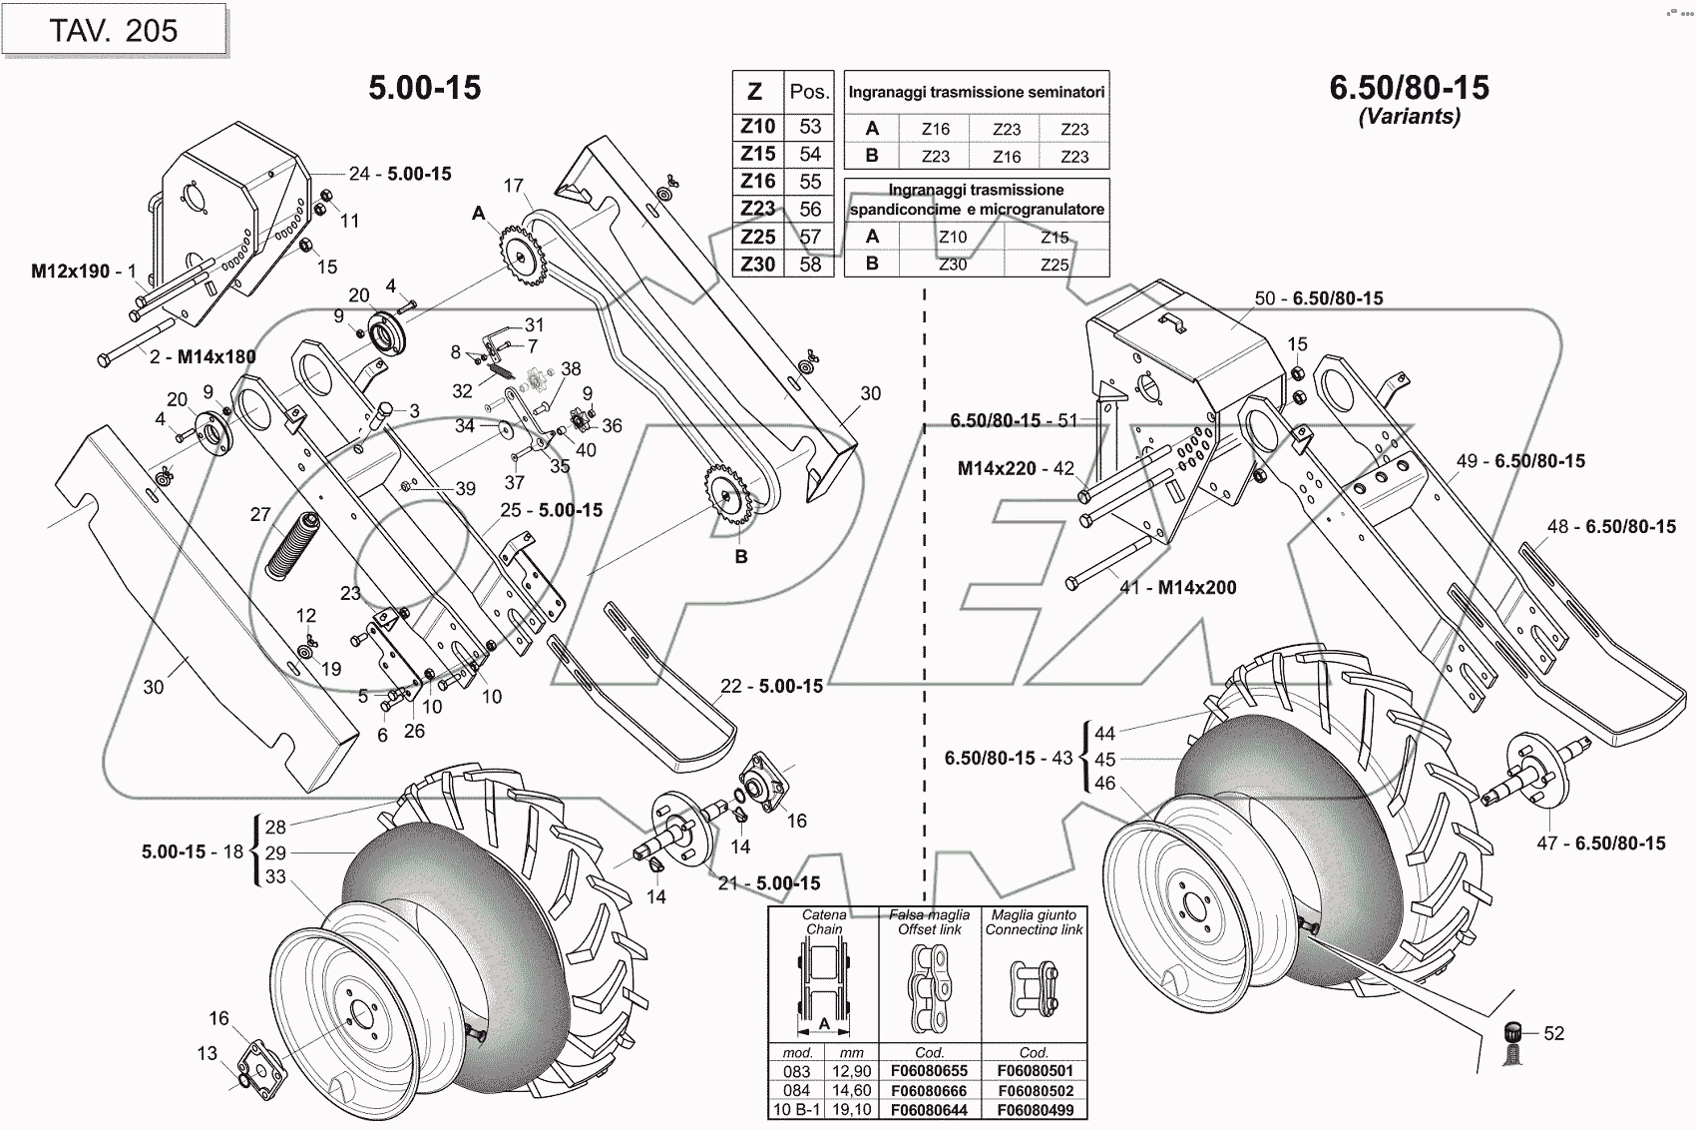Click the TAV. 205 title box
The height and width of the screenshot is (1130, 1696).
(114, 31)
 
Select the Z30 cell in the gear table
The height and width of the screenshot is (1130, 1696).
(758, 265)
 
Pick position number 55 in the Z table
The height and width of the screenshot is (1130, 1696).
(810, 182)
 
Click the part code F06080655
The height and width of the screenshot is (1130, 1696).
(929, 1071)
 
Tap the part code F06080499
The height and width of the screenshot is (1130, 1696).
(1034, 1110)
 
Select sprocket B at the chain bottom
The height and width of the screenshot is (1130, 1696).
(731, 498)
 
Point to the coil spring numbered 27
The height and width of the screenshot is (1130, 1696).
(292, 544)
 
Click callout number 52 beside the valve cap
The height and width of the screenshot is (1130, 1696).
(1554, 1034)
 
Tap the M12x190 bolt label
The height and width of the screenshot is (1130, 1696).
(70, 272)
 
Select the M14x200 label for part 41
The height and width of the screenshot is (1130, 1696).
(1196, 588)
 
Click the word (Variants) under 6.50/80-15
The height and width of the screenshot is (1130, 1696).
(1409, 117)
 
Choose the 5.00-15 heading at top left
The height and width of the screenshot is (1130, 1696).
(425, 88)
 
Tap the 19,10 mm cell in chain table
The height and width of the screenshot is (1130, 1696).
(851, 1110)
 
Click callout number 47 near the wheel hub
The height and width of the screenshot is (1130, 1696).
(1546, 844)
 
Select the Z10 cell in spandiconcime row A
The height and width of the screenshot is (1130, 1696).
(953, 238)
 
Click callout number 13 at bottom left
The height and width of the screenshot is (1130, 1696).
(207, 1053)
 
